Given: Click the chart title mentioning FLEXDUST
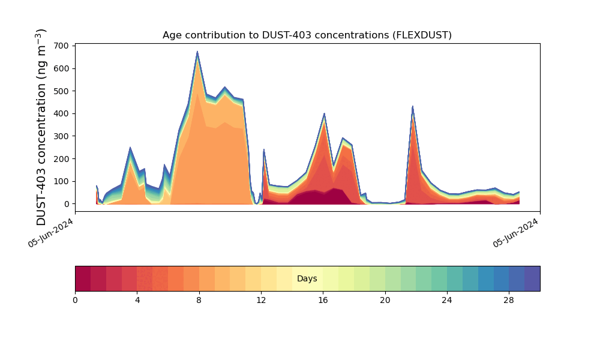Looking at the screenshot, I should pos(307,35).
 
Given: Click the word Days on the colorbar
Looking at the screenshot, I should pos(307,279).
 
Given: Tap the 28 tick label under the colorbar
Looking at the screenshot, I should pos(509,300).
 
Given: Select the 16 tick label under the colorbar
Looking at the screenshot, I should pos(323,300).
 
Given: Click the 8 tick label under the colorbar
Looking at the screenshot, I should pos(199,300).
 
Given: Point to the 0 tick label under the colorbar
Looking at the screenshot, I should pos(75,300).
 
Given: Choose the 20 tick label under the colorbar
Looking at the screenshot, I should pos(385,300).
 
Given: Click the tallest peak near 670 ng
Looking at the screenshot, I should pos(197,53).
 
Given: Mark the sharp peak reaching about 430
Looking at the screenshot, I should pos(413,107).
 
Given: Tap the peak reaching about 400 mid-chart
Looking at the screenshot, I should pos(324,114).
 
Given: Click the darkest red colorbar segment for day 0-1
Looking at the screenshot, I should pos(83,278).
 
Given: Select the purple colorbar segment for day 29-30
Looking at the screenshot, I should pos(532,278).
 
